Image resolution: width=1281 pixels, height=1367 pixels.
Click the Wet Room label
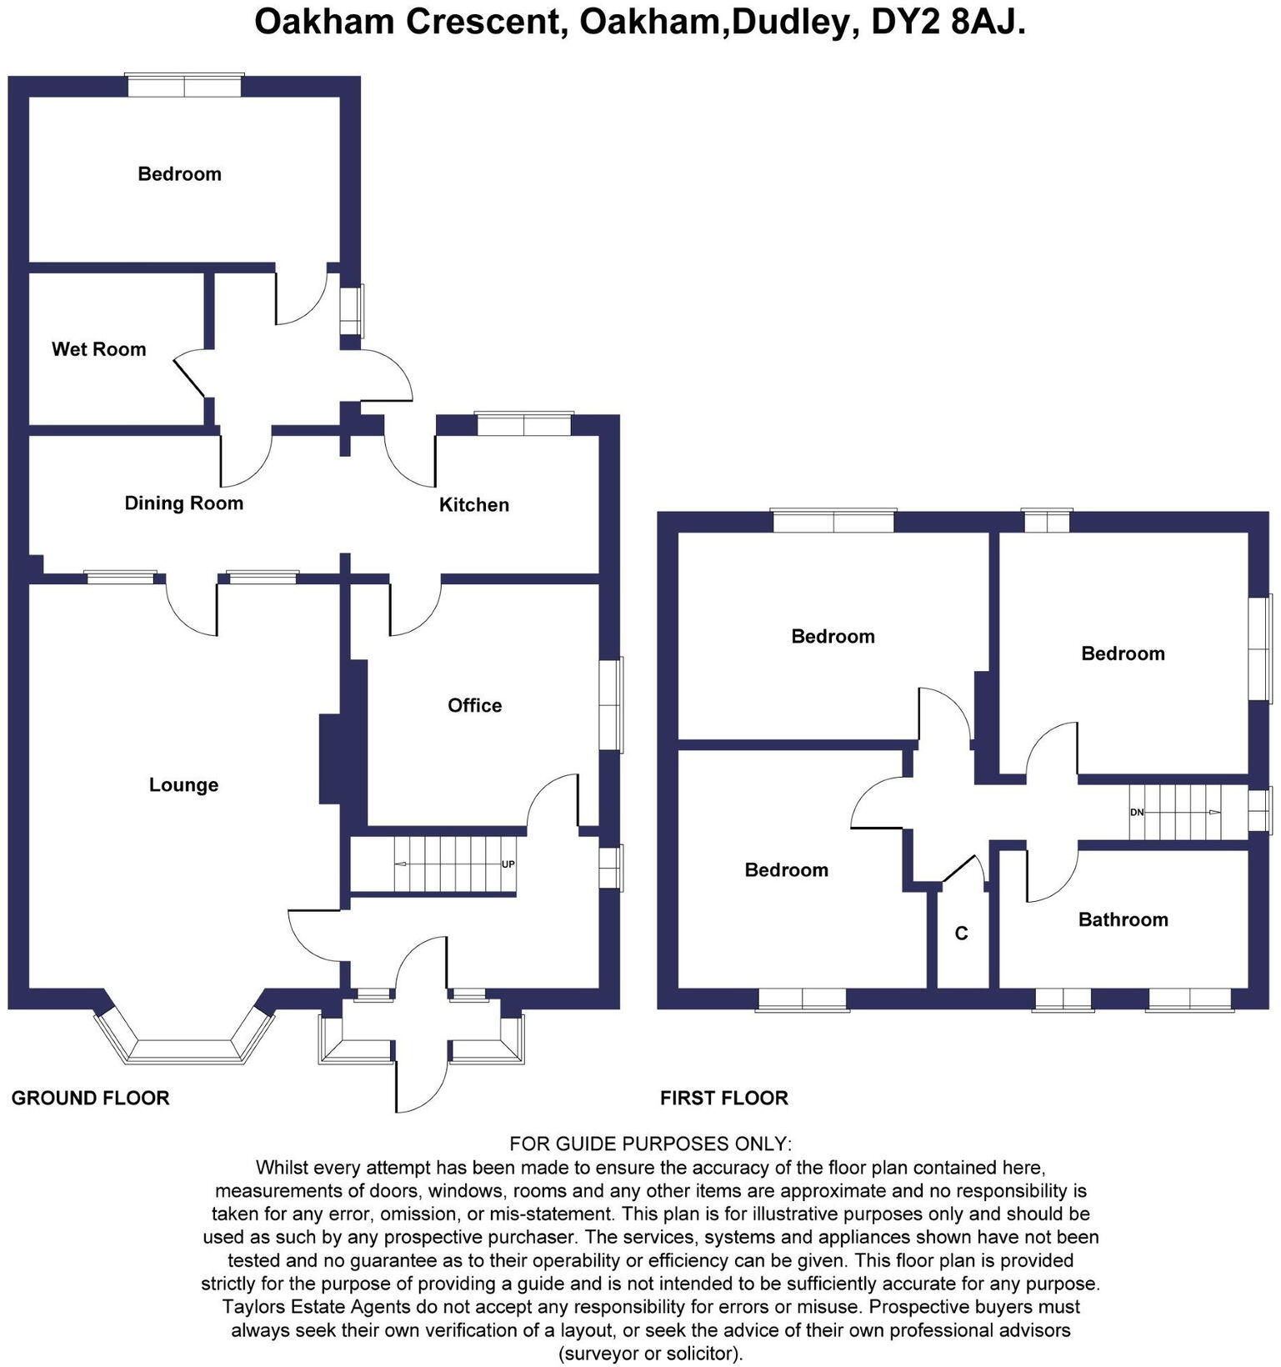[98, 349]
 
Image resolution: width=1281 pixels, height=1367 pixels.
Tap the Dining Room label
[183, 503]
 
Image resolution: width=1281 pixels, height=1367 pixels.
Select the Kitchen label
[473, 504]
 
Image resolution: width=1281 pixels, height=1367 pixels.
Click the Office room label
[474, 705]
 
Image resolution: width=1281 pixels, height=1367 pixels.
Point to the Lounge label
[183, 784]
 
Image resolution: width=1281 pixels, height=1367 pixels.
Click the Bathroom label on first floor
[1123, 919]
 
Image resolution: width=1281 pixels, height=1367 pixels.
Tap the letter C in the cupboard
[961, 934]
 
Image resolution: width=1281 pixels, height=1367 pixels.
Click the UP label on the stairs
[508, 864]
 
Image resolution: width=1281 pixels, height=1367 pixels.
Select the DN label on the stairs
[1137, 812]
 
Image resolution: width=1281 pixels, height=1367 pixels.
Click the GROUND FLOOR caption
[90, 1098]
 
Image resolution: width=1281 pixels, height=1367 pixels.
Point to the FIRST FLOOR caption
[723, 1098]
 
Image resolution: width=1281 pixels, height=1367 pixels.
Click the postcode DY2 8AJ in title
[947, 23]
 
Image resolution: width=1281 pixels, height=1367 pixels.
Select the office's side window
[612, 705]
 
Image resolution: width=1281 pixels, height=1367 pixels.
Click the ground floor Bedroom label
[179, 174]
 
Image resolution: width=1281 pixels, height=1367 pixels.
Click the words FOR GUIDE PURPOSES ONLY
[650, 1143]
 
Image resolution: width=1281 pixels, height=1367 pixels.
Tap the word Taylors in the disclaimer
[253, 1306]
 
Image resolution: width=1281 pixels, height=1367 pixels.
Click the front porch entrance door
[398, 1075]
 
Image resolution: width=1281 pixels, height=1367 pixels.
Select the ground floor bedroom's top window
[184, 86]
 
